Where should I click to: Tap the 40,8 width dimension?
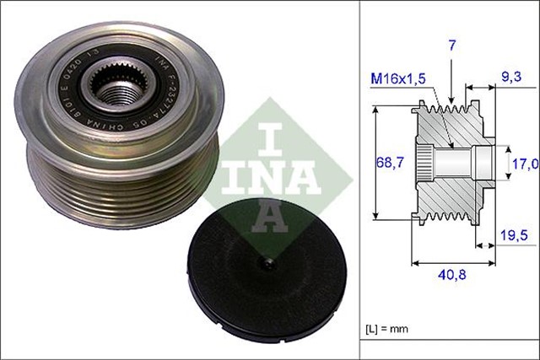pyautogui.click(x=448, y=274)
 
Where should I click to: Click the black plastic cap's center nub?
pyautogui.click(x=269, y=266)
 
